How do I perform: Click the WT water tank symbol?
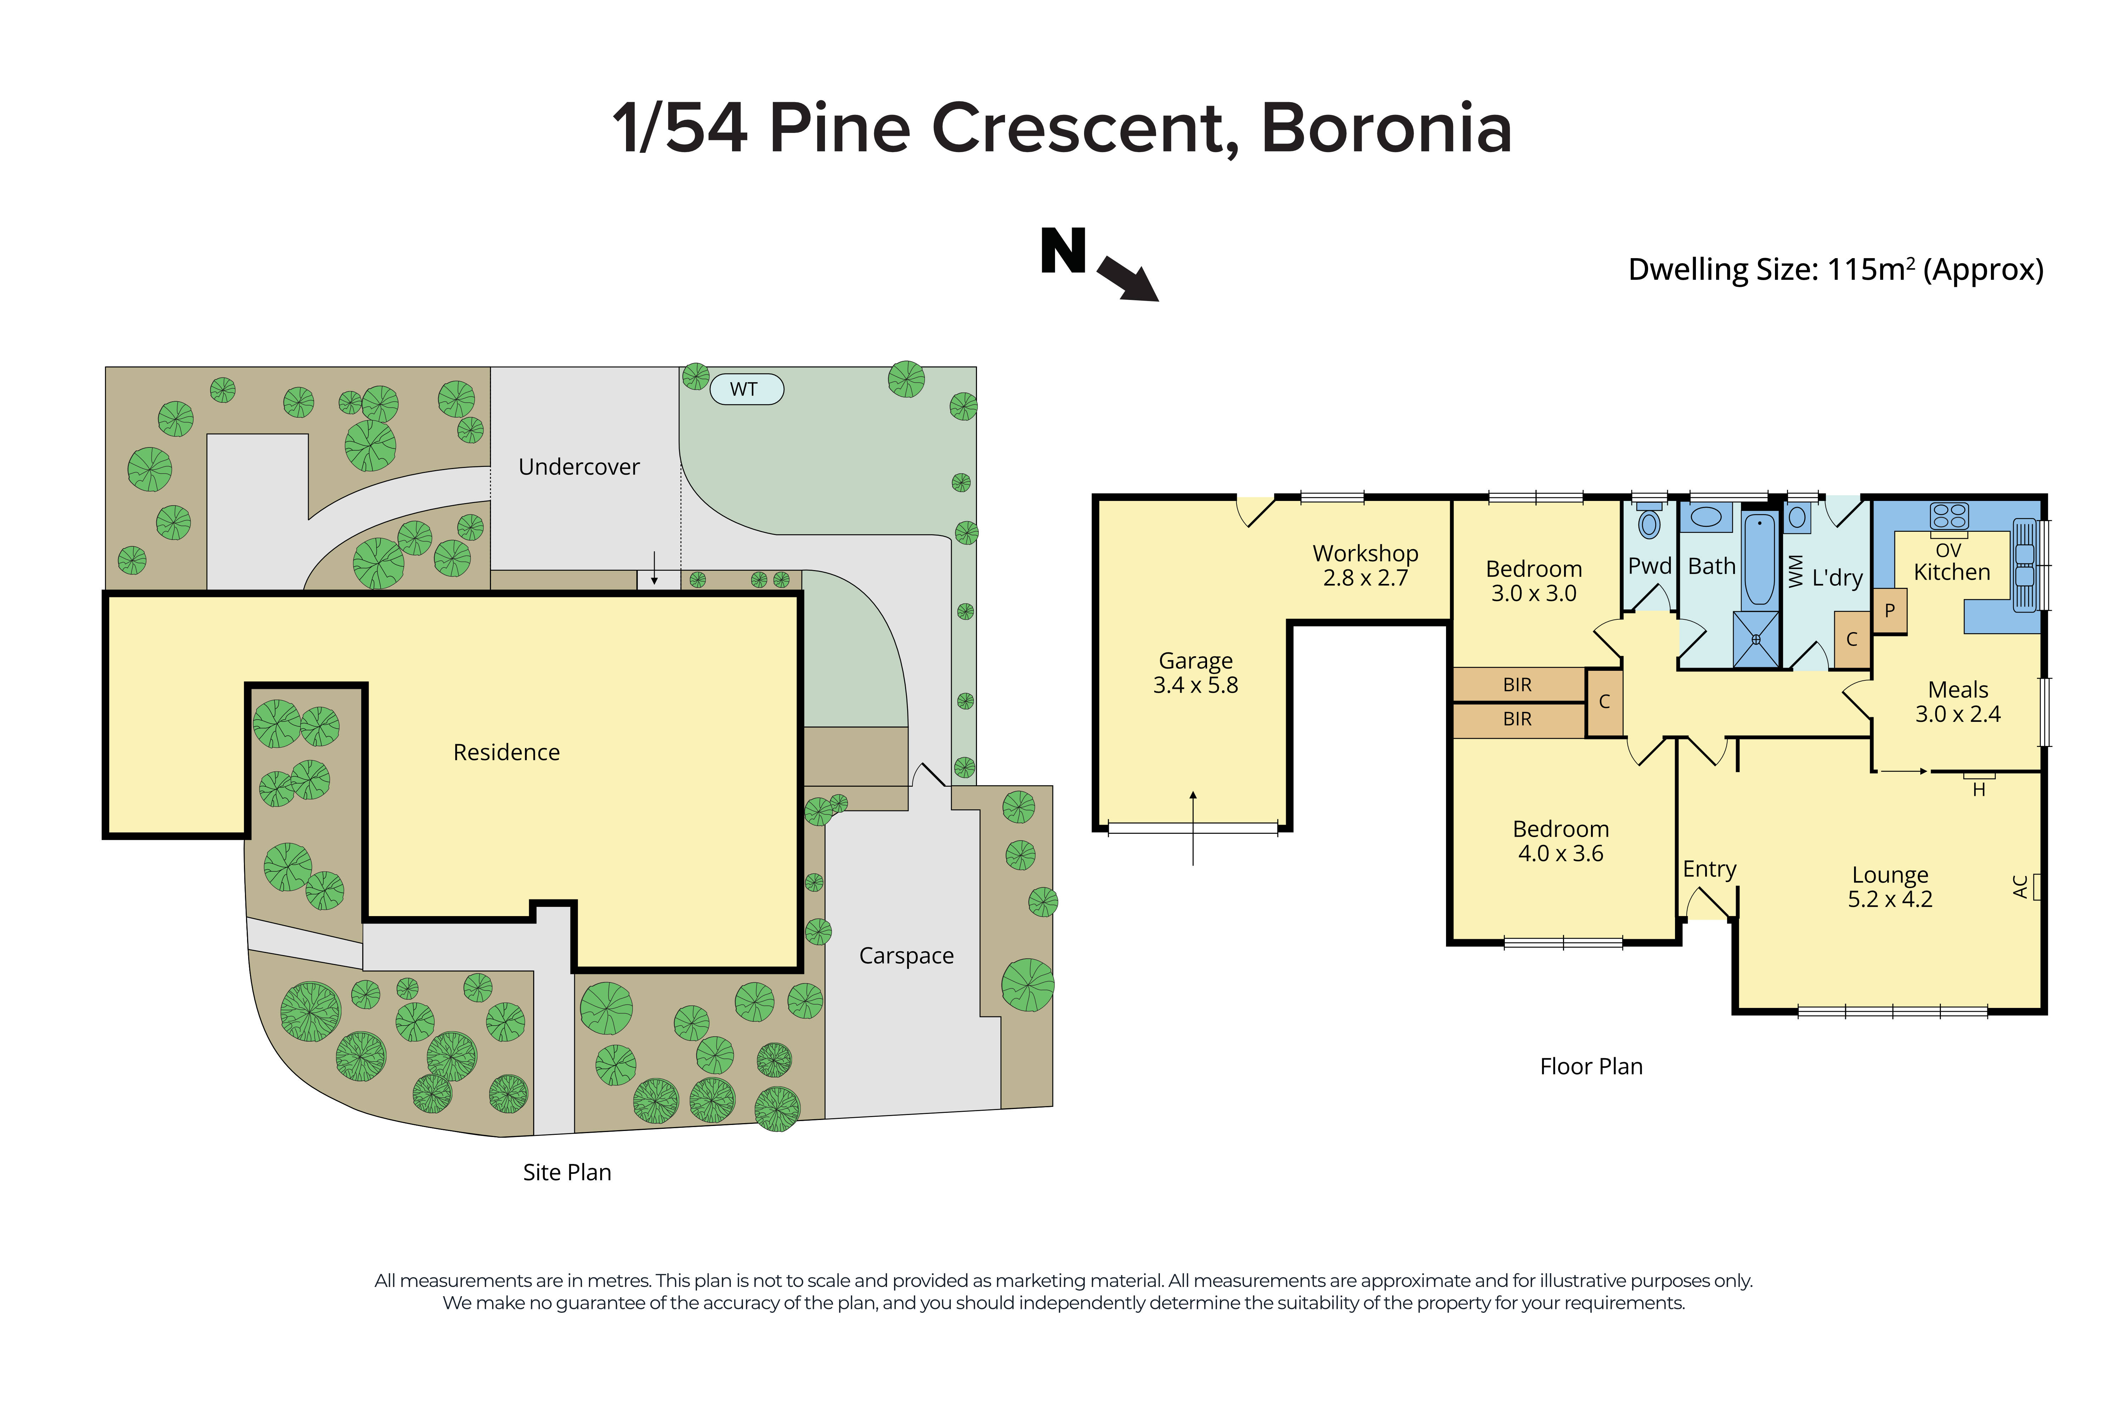[746, 389]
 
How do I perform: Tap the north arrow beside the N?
[1128, 277]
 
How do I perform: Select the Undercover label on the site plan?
[579, 467]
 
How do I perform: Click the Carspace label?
[905, 955]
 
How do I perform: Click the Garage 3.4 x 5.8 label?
[1195, 673]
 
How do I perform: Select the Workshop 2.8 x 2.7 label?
[1365, 565]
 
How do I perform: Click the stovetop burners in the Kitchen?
[1948, 515]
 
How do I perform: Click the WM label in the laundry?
[1795, 572]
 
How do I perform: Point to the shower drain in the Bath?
[1756, 639]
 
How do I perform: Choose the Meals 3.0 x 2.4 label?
[1957, 702]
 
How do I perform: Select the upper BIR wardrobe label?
[1517, 685]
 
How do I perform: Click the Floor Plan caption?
[1591, 1066]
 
